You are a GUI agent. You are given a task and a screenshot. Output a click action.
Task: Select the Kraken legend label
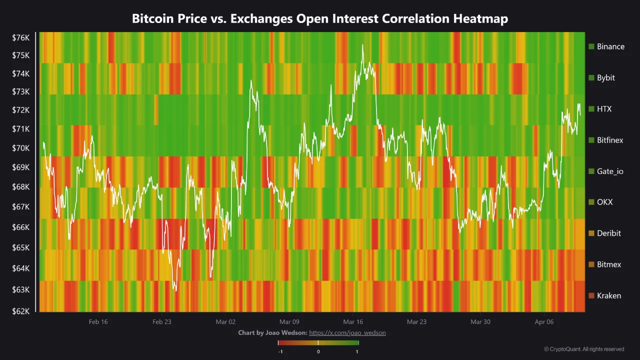pos(608,295)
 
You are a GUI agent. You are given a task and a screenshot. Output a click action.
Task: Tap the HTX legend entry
pos(603,109)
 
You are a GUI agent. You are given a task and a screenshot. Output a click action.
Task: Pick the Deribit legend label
pos(608,233)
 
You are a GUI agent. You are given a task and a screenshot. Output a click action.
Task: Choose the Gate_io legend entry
pos(609,171)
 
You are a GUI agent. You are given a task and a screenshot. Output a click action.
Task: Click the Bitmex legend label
pos(608,264)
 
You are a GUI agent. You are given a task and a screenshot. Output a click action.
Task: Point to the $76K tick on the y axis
pos(21,37)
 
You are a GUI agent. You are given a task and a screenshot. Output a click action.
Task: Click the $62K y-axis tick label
pos(21,311)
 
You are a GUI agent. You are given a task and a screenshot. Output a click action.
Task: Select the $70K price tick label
pos(21,148)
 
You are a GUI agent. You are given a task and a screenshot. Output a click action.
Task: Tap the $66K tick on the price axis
pos(21,227)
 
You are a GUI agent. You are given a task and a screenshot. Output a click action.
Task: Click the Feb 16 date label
pos(98,321)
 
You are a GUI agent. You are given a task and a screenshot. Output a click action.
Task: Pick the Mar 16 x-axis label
pos(353,321)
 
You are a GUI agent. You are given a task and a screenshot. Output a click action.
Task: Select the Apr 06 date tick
pos(544,321)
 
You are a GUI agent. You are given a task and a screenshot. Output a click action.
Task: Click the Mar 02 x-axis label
pos(225,321)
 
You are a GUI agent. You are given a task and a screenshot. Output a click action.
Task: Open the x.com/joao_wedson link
pos(347,332)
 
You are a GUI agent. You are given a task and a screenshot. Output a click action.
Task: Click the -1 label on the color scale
pos(280,351)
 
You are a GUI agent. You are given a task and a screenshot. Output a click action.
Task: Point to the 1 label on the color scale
pos(357,351)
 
